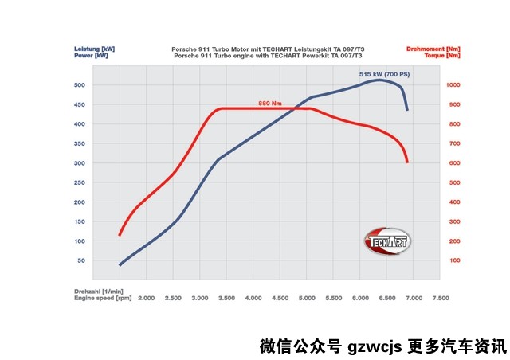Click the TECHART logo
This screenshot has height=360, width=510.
click(x=386, y=241)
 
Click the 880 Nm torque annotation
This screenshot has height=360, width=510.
click(x=270, y=104)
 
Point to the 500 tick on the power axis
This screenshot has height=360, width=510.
click(x=79, y=84)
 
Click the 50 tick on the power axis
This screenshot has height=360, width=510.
click(x=80, y=260)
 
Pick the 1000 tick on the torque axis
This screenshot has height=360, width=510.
click(x=453, y=84)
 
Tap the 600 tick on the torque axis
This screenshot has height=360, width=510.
click(x=452, y=162)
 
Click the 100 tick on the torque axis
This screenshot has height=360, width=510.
click(x=452, y=260)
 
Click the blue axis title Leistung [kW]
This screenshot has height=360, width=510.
click(x=91, y=49)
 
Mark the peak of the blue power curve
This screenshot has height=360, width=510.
click(x=380, y=80)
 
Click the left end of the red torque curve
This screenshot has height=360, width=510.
click(x=120, y=235)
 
